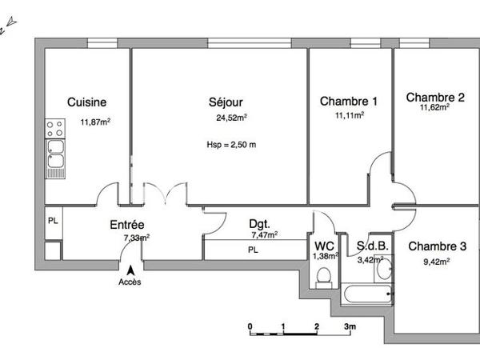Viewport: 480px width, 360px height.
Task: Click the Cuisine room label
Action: pos(87,102)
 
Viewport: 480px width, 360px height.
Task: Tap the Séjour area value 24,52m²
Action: pos(231,118)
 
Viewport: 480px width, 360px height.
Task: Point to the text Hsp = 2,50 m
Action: pos(231,145)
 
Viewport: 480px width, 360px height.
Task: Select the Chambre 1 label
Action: pos(349,102)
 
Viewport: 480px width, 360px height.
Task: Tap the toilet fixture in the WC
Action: pos(324,276)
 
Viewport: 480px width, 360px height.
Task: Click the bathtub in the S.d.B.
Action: pos(368,293)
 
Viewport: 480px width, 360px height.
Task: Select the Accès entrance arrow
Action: pos(131,271)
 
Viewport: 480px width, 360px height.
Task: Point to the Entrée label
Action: pos(127,226)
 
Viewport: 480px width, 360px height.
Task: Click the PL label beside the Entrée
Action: pos(53,221)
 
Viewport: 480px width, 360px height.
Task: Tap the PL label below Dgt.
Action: pos(253,250)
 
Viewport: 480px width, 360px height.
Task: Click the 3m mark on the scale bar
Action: pos(350,327)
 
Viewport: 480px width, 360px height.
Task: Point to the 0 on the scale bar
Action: pos(250,327)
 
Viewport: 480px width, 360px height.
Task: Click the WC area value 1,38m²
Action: pos(325,255)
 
